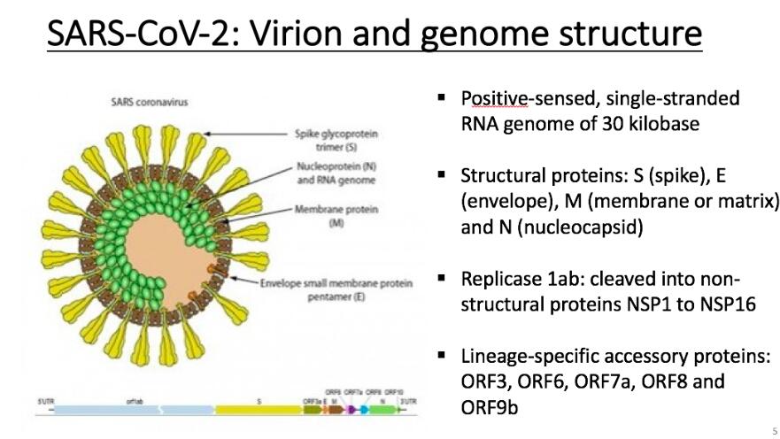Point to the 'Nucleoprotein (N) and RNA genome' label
(x=336, y=173)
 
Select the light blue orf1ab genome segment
(x=133, y=410)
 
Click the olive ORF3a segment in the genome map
(x=312, y=410)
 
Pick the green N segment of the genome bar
(x=382, y=410)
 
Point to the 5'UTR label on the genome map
(x=45, y=401)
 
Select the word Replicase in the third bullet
(x=499, y=279)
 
